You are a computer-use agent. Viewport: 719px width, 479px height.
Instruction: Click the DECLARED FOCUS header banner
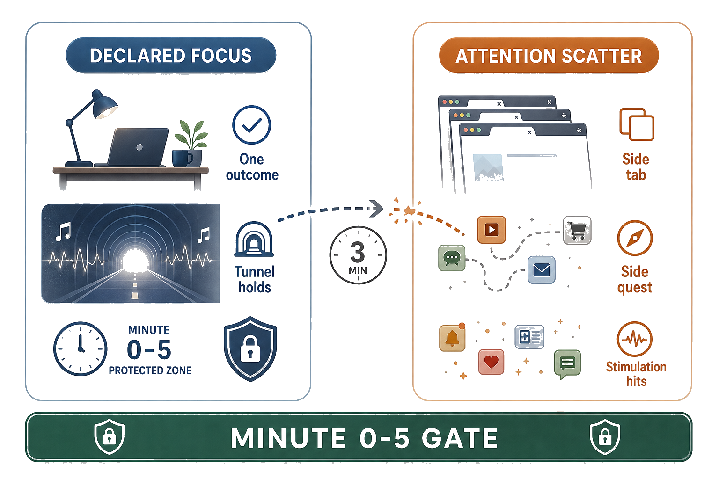click(x=171, y=55)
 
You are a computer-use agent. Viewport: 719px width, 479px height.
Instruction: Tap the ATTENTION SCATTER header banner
click(x=549, y=55)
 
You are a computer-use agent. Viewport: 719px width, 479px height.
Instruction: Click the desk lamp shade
click(x=104, y=105)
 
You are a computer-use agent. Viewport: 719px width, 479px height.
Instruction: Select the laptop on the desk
click(x=136, y=147)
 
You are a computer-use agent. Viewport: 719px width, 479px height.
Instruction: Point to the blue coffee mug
click(x=182, y=158)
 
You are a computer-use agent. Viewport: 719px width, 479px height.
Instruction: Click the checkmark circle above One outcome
click(x=252, y=125)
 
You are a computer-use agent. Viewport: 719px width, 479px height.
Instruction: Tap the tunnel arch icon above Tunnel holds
click(x=254, y=239)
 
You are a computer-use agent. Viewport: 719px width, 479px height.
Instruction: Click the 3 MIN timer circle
click(x=358, y=255)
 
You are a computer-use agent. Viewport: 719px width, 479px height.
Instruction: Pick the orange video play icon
click(x=491, y=230)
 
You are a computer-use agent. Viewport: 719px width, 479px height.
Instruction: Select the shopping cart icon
click(x=577, y=230)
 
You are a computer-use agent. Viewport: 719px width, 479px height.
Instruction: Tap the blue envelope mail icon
click(x=542, y=270)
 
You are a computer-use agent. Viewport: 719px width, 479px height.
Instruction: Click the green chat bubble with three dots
click(x=452, y=258)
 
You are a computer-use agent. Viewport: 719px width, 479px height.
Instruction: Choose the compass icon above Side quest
click(x=635, y=238)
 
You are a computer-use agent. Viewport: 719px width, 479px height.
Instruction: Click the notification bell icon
click(x=452, y=338)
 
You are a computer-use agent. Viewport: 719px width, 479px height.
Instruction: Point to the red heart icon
click(x=491, y=362)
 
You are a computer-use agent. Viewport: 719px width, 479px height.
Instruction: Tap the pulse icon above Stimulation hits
click(x=635, y=339)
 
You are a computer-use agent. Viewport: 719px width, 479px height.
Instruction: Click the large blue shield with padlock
click(x=250, y=349)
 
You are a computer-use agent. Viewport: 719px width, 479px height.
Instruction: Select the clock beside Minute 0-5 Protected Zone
click(x=80, y=349)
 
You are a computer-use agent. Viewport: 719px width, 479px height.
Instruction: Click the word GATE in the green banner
click(x=459, y=438)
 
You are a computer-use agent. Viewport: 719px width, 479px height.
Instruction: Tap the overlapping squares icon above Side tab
click(x=637, y=124)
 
